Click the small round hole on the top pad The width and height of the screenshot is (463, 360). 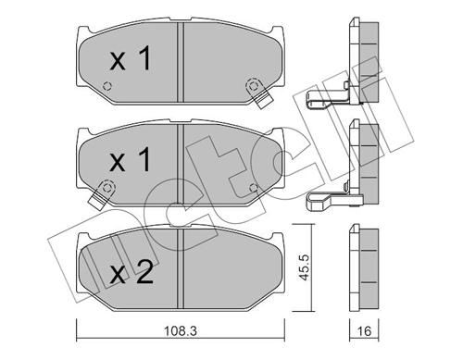click(x=108, y=88)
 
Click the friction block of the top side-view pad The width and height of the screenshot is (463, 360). click(x=367, y=63)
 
